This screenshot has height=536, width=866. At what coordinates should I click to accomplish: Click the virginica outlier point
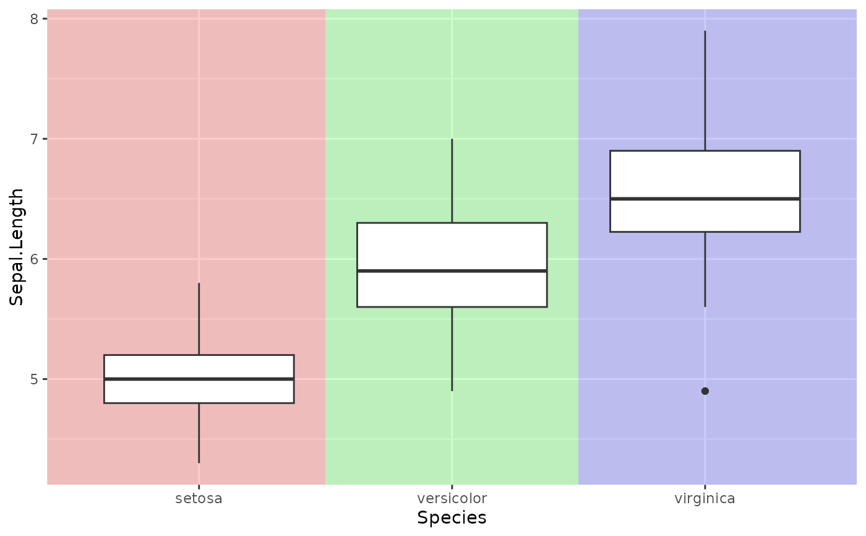pyautogui.click(x=705, y=391)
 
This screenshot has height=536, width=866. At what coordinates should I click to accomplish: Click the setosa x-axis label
pyautogui.click(x=199, y=498)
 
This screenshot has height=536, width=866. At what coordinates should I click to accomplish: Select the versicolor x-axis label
pyautogui.click(x=452, y=498)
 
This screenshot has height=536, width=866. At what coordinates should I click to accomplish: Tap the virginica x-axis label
pyautogui.click(x=705, y=498)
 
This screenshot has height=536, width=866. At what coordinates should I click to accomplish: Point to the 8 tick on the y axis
pyautogui.click(x=35, y=19)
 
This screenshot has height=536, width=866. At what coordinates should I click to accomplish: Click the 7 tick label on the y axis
pyautogui.click(x=35, y=139)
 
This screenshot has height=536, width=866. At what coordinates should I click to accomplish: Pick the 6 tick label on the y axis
pyautogui.click(x=35, y=259)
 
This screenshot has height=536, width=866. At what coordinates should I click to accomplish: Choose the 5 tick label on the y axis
pyautogui.click(x=35, y=379)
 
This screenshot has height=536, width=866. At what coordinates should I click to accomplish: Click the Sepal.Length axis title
pyautogui.click(x=17, y=246)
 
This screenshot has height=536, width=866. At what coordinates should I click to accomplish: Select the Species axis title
pyautogui.click(x=452, y=518)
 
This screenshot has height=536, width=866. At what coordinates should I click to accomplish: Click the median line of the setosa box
pyautogui.click(x=199, y=379)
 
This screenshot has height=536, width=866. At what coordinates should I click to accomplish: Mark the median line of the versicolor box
pyautogui.click(x=452, y=270)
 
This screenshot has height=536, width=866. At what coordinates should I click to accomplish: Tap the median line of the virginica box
pyautogui.click(x=705, y=199)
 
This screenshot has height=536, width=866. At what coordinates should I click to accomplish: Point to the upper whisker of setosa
pyautogui.click(x=199, y=319)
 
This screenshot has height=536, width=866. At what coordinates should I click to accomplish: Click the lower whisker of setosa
pyautogui.click(x=199, y=433)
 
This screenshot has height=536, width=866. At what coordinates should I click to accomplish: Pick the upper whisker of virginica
pyautogui.click(x=705, y=90)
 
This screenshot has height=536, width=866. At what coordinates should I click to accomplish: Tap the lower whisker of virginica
pyautogui.click(x=705, y=269)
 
